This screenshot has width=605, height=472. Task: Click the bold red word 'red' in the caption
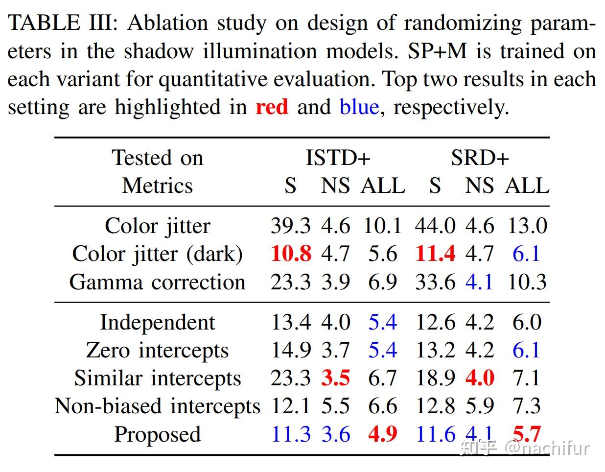coord(272,107)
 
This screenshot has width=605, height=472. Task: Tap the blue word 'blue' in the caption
coord(359,107)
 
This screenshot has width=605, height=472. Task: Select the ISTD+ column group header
coord(338,158)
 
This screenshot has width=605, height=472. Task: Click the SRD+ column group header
coord(480,158)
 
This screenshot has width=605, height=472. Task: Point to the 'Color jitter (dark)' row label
coord(157,254)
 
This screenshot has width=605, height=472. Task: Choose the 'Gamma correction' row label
coord(157,282)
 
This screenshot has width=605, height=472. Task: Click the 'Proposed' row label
coord(157,434)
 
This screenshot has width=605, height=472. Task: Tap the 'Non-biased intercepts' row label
coord(157,406)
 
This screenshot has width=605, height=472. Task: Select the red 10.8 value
coord(291,254)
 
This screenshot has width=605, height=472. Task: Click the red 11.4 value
coord(435,254)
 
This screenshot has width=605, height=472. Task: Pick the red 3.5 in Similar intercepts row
coord(335,378)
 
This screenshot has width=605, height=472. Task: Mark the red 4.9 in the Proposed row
coord(382,434)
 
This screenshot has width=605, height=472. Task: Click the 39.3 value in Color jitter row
coord(291,226)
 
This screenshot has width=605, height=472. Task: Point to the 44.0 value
coord(435,226)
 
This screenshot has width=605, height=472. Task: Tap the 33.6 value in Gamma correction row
coord(435,282)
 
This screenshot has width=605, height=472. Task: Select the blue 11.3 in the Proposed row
coord(291,434)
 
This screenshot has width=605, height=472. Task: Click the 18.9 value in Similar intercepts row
coord(435,378)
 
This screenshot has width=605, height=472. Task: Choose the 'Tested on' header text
coord(157,158)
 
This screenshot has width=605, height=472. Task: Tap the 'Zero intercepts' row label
coord(157,350)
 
